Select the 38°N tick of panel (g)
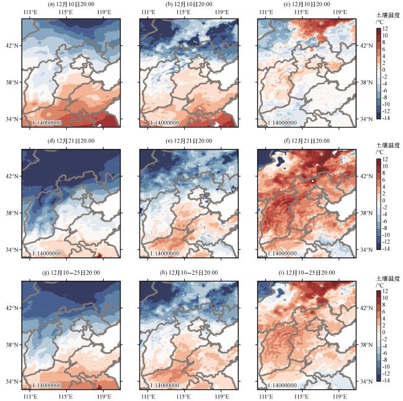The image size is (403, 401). click(12, 344)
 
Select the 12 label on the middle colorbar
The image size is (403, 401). click(385, 159)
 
